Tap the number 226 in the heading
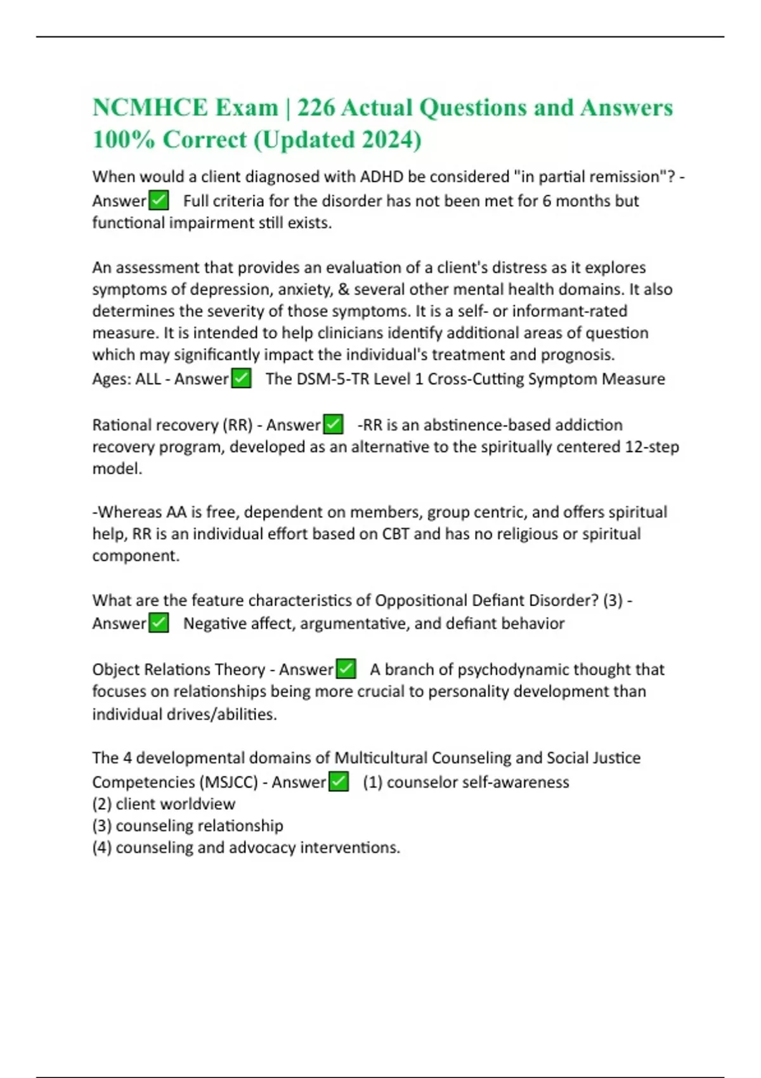point(316,108)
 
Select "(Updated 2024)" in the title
point(337,140)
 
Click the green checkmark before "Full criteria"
point(159,201)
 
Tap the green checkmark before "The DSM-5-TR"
point(242,379)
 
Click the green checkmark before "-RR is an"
point(333,424)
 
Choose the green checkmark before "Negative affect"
point(159,623)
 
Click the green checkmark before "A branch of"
point(346,669)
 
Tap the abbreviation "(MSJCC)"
point(228,782)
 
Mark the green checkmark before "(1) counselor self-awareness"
point(339,782)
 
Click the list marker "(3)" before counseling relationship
point(102,826)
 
